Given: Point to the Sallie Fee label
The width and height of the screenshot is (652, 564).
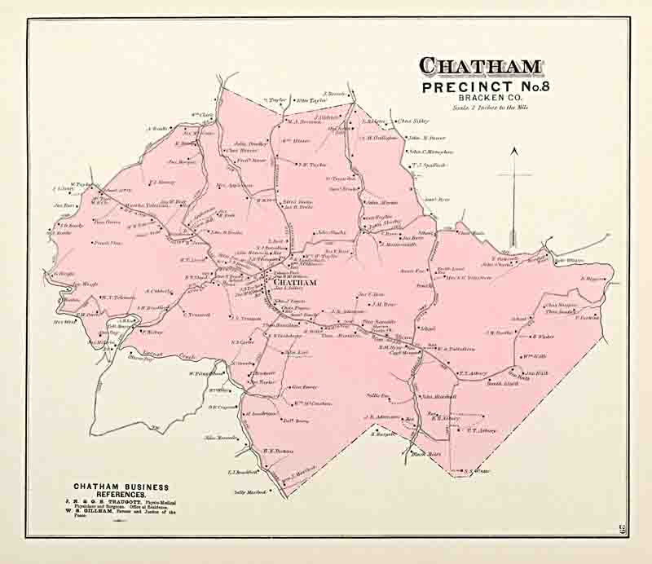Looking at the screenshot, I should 378,394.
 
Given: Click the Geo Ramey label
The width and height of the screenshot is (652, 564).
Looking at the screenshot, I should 303,387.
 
